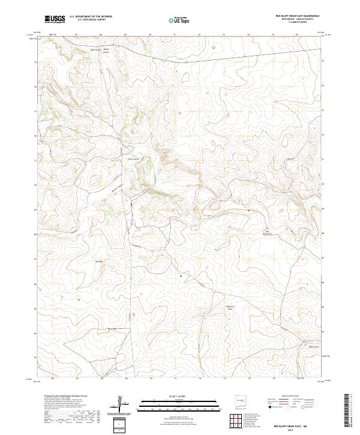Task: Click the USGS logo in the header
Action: click(x=55, y=19)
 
